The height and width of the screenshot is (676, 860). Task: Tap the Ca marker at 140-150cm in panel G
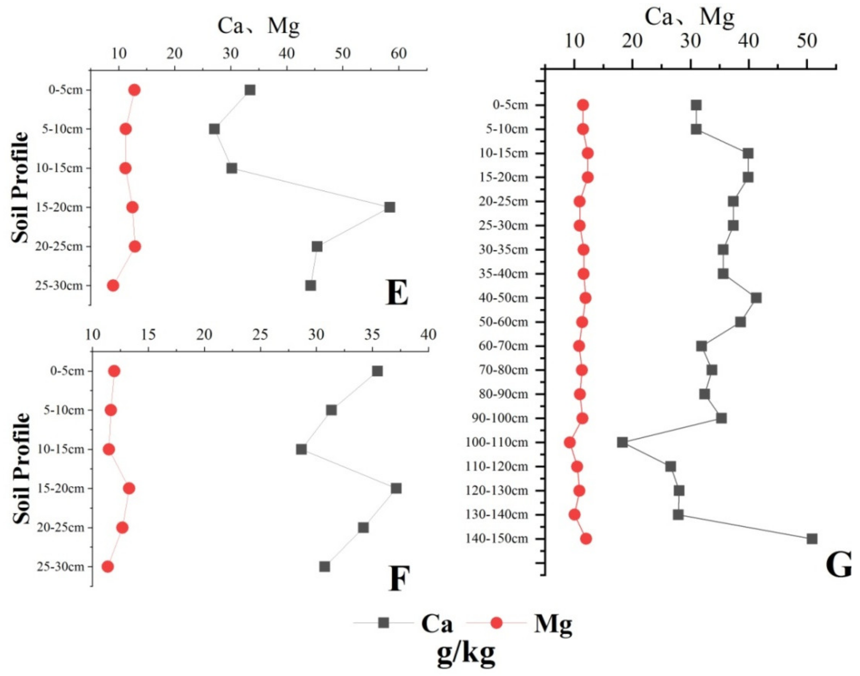click(812, 539)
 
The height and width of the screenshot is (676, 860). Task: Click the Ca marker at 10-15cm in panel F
click(301, 450)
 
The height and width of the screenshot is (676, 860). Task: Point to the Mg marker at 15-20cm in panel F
click(129, 489)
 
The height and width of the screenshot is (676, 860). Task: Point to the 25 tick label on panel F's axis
click(260, 335)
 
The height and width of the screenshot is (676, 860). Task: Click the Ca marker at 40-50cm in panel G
click(756, 298)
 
